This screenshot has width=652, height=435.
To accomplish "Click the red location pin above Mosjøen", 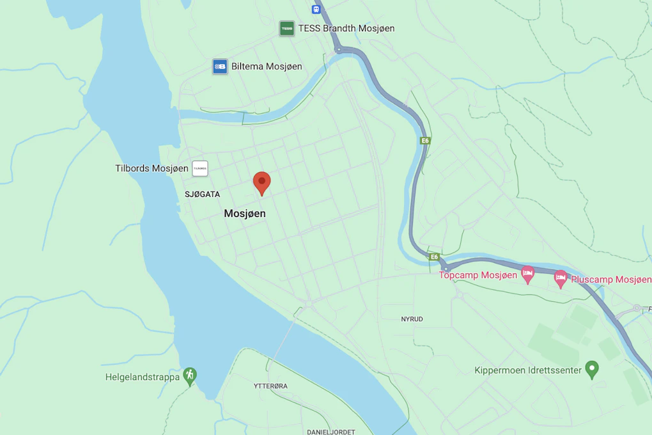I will tap(261, 182).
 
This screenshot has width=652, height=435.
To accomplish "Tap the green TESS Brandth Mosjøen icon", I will tap(287, 28).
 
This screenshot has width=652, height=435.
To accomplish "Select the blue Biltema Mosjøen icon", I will tap(220, 67).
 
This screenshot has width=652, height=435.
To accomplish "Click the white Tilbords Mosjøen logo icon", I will tap(200, 168).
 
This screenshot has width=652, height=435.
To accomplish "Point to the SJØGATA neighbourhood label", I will tap(202, 194).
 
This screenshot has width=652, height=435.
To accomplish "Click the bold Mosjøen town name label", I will tap(245, 214).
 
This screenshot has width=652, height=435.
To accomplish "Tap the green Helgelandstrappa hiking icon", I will tap(189, 376).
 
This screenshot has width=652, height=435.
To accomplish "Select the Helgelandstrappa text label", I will tap(143, 377).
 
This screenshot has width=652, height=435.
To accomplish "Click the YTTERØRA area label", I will tap(270, 386).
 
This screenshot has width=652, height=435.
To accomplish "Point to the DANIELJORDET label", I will tap(330, 432).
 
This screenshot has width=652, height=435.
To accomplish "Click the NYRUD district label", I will tap(412, 319).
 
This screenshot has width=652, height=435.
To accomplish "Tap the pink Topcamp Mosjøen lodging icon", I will tap(527, 274).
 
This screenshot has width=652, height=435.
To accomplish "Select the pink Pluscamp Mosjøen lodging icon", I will tap(561, 278).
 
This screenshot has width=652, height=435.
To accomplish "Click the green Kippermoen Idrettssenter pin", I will tap(593, 369).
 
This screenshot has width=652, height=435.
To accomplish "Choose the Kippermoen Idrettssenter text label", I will tap(528, 370).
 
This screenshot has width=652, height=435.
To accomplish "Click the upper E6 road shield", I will tap(425, 140).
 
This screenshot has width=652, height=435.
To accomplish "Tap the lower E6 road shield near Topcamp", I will tap(435, 257).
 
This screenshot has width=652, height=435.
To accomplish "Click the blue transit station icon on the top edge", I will tap(316, 9).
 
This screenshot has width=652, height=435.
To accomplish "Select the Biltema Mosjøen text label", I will tap(267, 67).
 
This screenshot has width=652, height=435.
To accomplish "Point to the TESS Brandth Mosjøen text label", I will tap(346, 28).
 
